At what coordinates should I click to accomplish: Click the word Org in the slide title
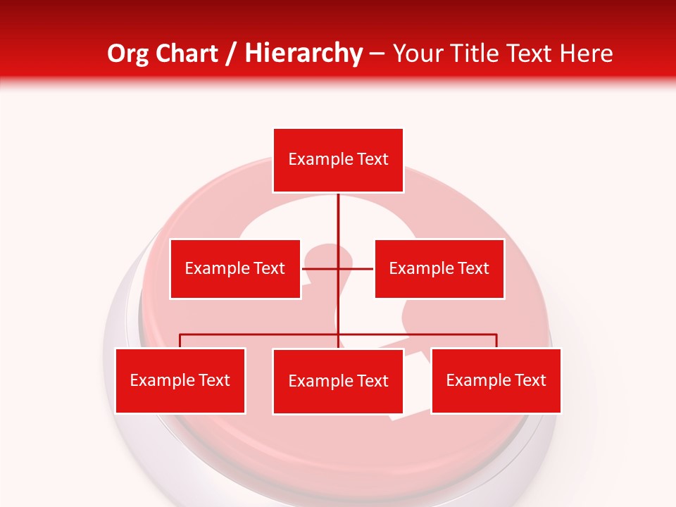click(127, 54)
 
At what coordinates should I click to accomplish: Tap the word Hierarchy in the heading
click(303, 54)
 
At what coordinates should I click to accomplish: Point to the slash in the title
click(230, 54)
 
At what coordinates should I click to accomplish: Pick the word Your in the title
click(415, 54)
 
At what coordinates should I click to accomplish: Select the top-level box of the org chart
click(338, 161)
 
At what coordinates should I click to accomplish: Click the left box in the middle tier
click(235, 269)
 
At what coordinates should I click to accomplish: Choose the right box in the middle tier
click(439, 269)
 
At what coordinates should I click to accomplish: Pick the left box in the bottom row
click(180, 381)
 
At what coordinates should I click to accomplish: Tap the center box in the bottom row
click(338, 382)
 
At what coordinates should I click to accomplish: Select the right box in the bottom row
click(496, 381)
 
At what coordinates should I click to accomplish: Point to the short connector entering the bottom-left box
click(180, 341)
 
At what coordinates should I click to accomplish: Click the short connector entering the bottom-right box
click(496, 341)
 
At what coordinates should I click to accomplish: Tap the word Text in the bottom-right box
click(530, 380)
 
